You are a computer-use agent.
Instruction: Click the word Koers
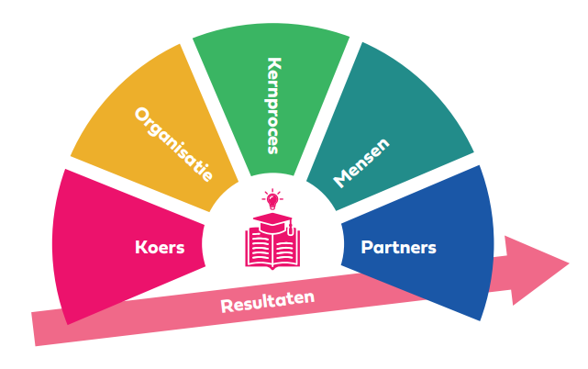(x=161, y=248)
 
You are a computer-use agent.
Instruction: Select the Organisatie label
(x=173, y=144)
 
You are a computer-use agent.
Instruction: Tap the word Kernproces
(x=272, y=106)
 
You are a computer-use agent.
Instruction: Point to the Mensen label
(x=361, y=162)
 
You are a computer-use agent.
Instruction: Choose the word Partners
(x=398, y=247)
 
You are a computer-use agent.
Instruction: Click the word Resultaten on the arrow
(x=267, y=302)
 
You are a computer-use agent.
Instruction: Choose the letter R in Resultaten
(x=227, y=308)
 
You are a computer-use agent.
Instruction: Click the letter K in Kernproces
(x=272, y=65)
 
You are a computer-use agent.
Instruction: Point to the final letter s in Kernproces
(x=272, y=147)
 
